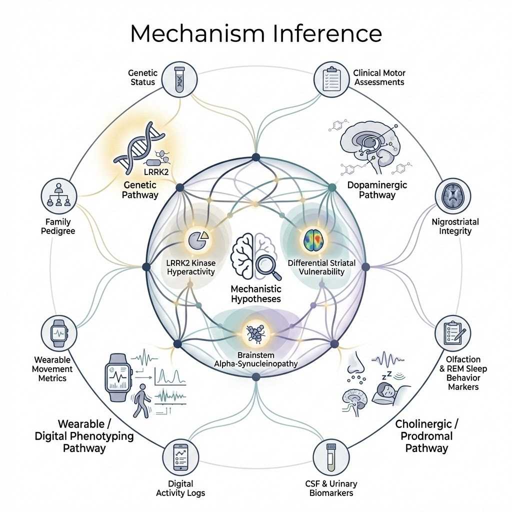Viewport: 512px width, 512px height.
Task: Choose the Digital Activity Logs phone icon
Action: click(179, 456)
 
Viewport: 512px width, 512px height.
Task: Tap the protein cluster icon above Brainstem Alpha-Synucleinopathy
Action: click(255, 332)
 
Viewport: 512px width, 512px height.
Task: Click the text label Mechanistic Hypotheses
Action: click(255, 294)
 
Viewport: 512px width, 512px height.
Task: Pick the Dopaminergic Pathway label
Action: click(377, 190)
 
